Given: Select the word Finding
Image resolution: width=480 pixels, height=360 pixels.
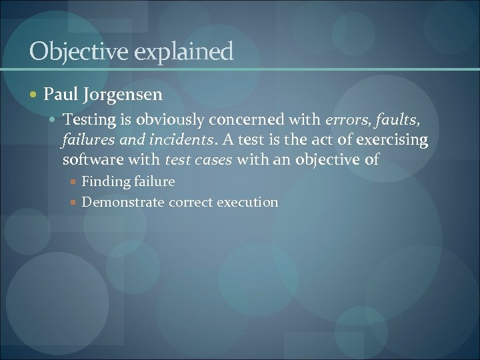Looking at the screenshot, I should point(105,181).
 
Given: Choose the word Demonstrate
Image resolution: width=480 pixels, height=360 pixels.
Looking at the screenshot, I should point(123,202).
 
